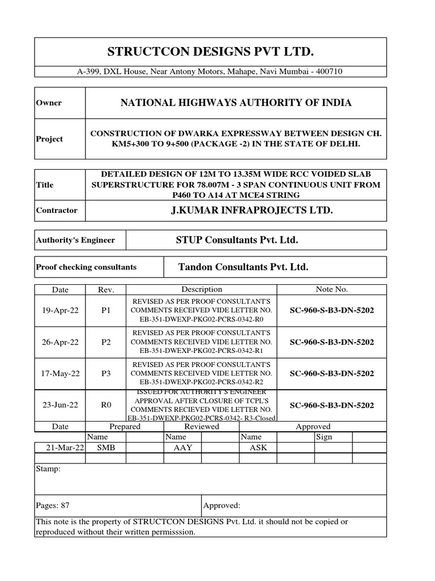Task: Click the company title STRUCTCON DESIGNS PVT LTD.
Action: (x=210, y=52)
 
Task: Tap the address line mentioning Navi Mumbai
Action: (x=210, y=71)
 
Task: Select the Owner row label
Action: (x=49, y=103)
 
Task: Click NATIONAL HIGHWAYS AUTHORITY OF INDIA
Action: (x=236, y=103)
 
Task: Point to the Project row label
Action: (x=49, y=139)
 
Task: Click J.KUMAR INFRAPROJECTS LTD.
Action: (x=236, y=210)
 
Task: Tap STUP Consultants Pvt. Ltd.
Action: (x=237, y=240)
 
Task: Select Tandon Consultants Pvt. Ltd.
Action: (x=244, y=267)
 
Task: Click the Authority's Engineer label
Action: (x=75, y=240)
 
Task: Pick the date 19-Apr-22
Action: (x=60, y=311)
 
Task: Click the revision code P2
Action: (x=105, y=342)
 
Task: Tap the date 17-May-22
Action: (x=60, y=373)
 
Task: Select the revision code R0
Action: (x=105, y=405)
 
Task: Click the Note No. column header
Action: (x=331, y=289)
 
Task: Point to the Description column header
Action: (x=202, y=289)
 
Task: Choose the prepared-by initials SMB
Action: (x=105, y=448)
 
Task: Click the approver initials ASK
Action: (x=258, y=448)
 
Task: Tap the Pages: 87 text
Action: (x=53, y=505)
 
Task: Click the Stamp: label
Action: (x=48, y=470)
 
